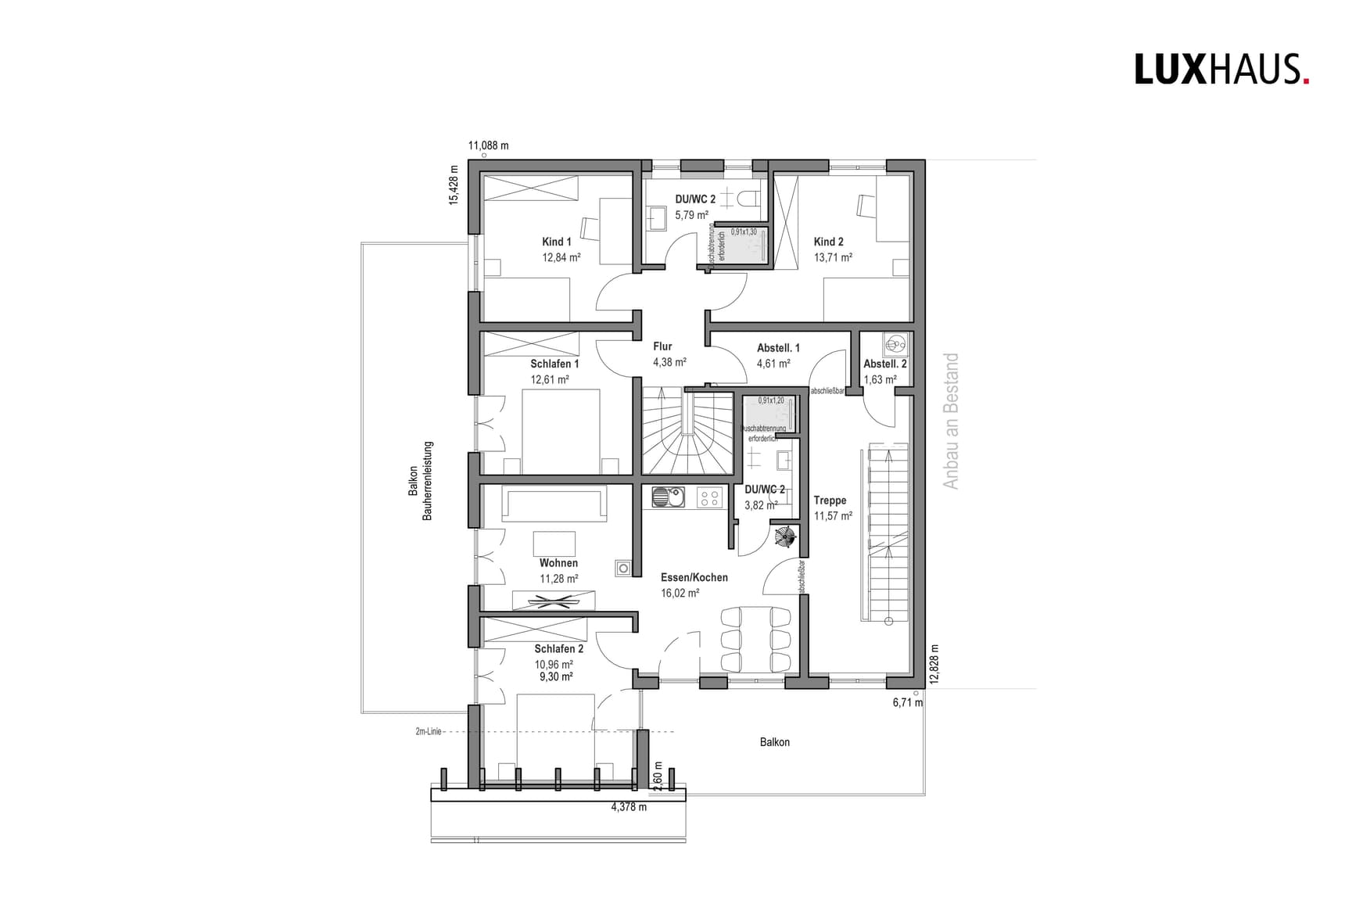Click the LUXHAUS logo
tap(1221, 69)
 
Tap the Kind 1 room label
tap(556, 242)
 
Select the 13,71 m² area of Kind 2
tap(833, 257)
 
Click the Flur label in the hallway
tap(662, 346)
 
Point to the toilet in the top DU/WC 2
tap(749, 198)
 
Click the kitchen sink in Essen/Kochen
tap(667, 497)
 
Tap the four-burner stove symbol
tap(710, 497)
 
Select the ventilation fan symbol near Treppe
tap(784, 536)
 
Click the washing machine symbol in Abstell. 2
tap(895, 343)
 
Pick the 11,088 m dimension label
tap(488, 145)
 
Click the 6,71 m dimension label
tap(907, 702)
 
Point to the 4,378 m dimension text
tap(629, 807)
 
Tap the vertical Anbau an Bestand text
tap(950, 421)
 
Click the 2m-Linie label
tap(429, 732)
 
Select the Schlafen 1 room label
tap(554, 364)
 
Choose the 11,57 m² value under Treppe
tap(833, 516)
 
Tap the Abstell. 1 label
tap(778, 348)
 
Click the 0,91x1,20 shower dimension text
tap(770, 400)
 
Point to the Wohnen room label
tap(558, 563)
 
